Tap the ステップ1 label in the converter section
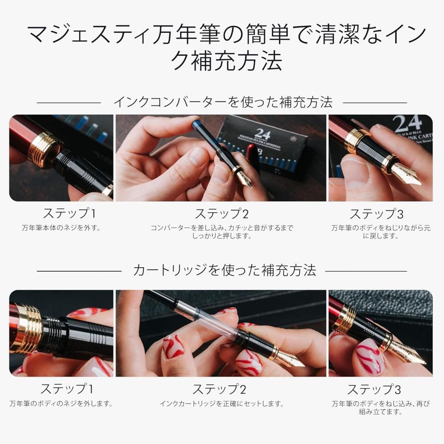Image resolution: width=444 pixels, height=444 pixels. [x=69, y=214]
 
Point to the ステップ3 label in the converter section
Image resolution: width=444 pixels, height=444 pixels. [x=376, y=214]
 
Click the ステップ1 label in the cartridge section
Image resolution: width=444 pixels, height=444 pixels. [x=67, y=389]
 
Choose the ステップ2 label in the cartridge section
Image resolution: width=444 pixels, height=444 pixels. [x=219, y=389]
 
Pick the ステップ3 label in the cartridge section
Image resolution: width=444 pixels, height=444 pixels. [x=374, y=389]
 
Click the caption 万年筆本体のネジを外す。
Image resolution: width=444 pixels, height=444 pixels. [x=61, y=228]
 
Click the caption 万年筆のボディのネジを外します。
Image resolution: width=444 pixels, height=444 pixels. [x=61, y=404]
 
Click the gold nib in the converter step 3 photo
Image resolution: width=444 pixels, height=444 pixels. [x=405, y=176]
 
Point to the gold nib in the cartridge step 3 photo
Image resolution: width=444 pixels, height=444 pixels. [x=408, y=354]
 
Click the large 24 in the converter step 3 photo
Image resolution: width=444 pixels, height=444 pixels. [x=407, y=123]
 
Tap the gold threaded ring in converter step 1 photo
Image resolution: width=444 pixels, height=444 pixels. [x=44, y=149]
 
